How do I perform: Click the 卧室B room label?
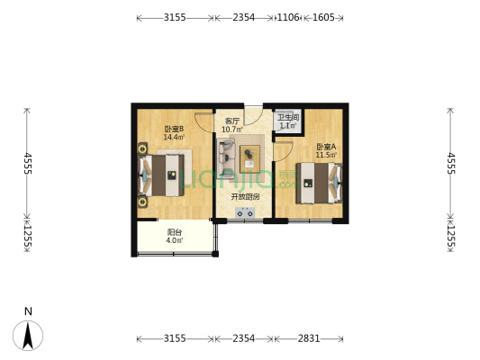click(174, 129)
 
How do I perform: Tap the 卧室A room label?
click(325, 147)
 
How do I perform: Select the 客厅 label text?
click(231, 121)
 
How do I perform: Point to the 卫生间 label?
click(287, 118)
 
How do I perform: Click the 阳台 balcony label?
click(174, 231)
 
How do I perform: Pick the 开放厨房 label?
click(244, 196)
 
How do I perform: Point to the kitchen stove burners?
click(244, 212)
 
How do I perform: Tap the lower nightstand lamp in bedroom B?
click(142, 202)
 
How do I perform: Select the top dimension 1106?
click(287, 17)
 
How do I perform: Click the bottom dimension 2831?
click(309, 338)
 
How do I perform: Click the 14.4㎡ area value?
click(174, 138)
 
